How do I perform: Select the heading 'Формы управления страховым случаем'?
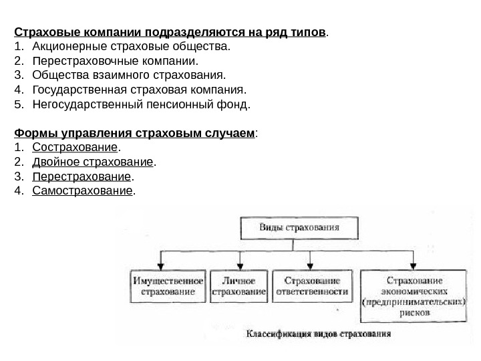136,132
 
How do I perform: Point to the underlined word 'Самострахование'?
82,191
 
